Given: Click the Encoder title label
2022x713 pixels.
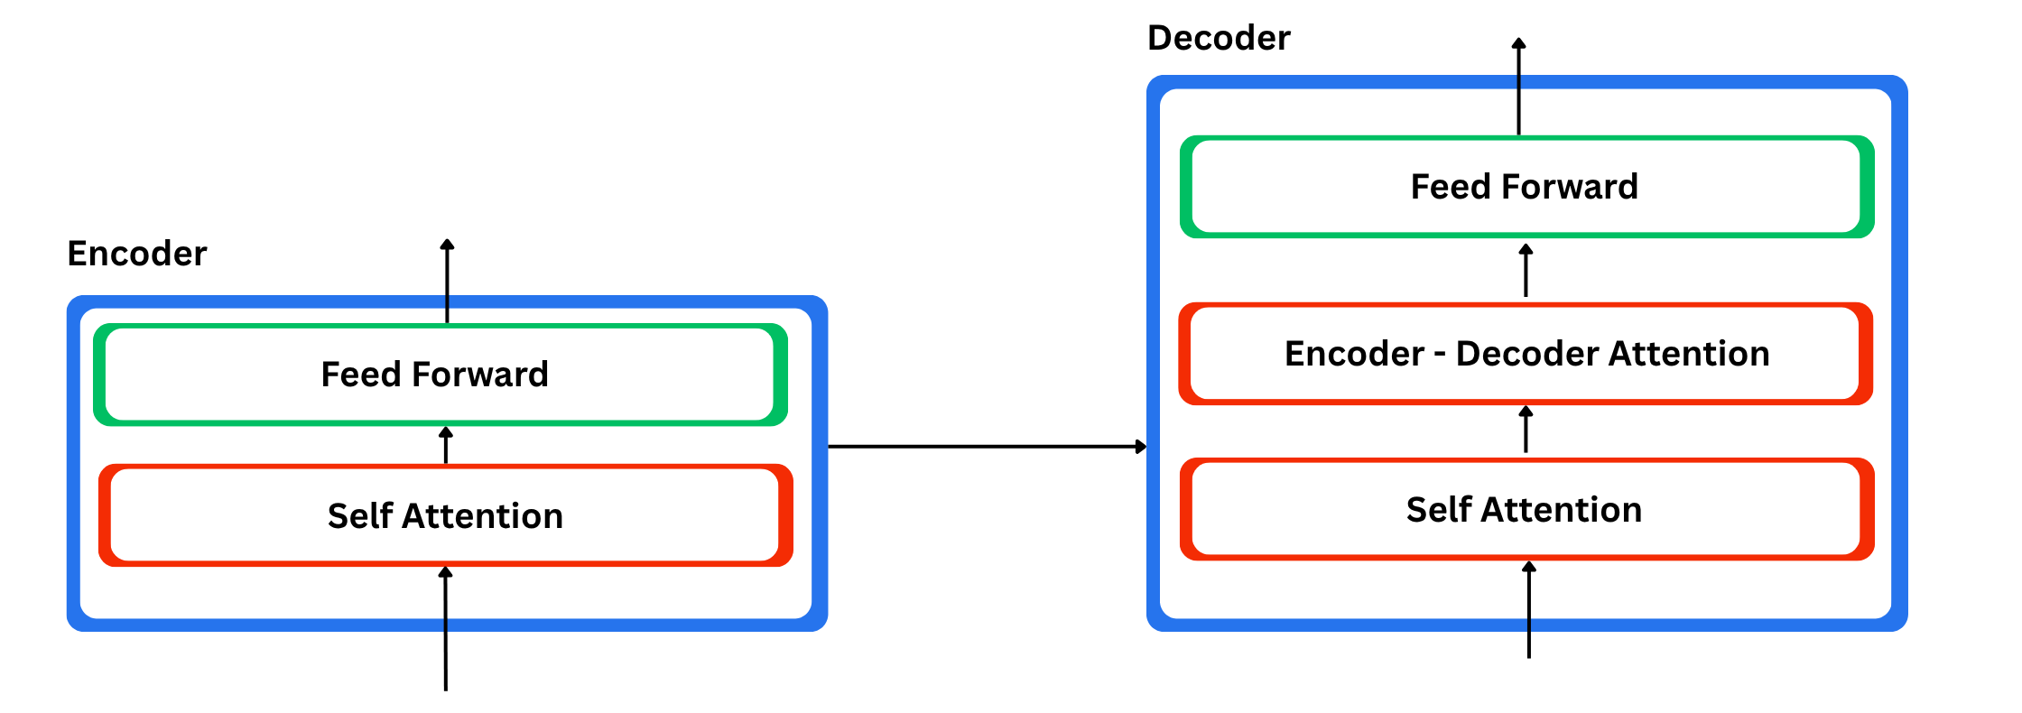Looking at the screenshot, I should (137, 254).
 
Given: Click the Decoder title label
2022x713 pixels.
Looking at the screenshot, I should (1219, 38).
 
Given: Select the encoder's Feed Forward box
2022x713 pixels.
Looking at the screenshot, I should (441, 375).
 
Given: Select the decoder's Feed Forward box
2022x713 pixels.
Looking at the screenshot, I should (1526, 187).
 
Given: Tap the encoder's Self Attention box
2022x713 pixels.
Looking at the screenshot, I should (445, 516).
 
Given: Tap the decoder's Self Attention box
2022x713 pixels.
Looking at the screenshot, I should (1526, 510).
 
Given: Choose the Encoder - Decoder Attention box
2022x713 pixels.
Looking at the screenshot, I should (1526, 354).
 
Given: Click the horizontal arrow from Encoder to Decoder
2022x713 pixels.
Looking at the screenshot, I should (984, 446).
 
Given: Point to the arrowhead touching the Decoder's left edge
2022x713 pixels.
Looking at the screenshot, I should (1141, 446).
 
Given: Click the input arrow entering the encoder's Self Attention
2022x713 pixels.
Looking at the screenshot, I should (445, 632).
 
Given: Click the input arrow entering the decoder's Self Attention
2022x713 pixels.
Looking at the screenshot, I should (1528, 614).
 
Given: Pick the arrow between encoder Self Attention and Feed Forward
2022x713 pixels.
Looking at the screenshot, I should (446, 446).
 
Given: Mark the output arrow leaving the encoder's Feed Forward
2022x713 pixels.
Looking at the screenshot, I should (447, 280).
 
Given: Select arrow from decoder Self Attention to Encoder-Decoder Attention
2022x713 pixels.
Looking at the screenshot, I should (1526, 431).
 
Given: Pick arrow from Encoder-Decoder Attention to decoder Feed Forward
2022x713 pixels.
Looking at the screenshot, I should (1526, 271).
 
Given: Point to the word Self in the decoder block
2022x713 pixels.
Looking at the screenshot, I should (1439, 510).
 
